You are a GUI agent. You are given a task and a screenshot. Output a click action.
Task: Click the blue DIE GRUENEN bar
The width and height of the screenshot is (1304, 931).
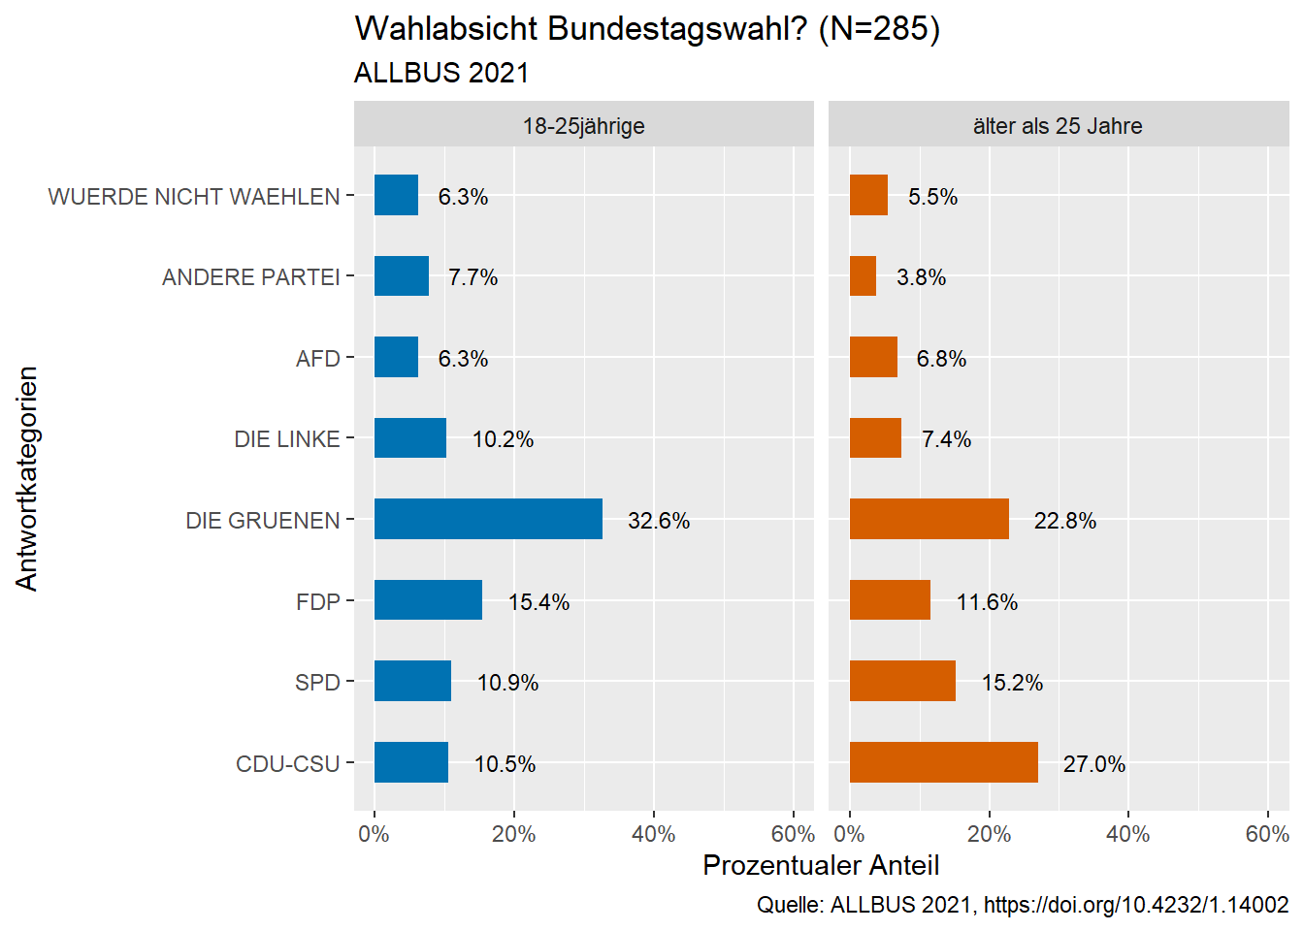[x=488, y=519]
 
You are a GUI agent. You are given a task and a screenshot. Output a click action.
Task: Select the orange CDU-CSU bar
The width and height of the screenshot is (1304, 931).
[x=943, y=762]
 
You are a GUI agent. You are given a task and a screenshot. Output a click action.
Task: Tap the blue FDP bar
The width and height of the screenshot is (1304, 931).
[x=428, y=600]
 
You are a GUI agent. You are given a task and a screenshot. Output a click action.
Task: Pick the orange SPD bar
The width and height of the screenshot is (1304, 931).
[x=902, y=681]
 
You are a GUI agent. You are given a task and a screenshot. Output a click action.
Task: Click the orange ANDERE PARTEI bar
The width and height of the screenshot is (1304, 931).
[x=863, y=276]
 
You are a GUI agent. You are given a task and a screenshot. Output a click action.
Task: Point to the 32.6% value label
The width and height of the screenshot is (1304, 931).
[x=659, y=521]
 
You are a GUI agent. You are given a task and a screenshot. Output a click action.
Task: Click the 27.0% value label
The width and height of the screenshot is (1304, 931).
[x=1093, y=764]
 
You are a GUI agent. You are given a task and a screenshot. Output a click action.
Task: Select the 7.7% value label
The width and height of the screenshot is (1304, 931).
[x=473, y=277]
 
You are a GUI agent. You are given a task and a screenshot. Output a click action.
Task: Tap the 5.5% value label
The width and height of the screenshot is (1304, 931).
[x=932, y=197]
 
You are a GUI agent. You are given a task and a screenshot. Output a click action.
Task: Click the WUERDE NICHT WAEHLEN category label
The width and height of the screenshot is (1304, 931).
[x=194, y=197]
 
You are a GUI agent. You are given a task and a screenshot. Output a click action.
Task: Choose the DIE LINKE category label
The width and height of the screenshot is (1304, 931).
[x=287, y=439]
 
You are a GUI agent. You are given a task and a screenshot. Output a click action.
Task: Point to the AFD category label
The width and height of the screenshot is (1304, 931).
[x=318, y=359]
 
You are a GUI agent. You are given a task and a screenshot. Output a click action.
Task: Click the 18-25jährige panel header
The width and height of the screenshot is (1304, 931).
[x=583, y=125]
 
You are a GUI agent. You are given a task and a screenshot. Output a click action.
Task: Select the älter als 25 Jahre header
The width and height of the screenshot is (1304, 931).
[x=1058, y=125]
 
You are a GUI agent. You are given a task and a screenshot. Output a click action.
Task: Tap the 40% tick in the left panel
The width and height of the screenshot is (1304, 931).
[x=653, y=834]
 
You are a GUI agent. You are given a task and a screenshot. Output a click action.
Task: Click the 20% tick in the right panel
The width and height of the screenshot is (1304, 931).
[x=989, y=834]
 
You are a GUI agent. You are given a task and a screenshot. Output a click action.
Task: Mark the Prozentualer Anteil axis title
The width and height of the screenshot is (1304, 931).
[x=821, y=865]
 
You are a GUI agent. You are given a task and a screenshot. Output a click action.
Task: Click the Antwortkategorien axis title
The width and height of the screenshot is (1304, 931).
[x=26, y=478]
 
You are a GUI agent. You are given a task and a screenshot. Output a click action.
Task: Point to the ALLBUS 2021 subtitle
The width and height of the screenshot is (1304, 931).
[x=441, y=73]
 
